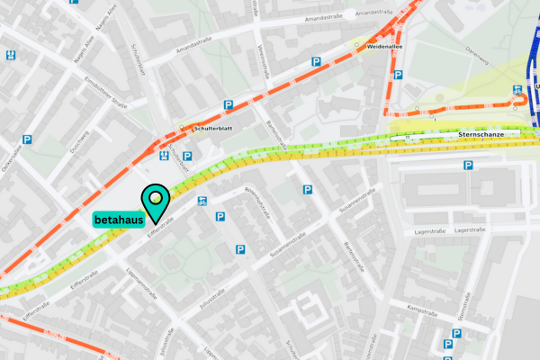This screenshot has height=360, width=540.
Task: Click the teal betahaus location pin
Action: (x=157, y=200)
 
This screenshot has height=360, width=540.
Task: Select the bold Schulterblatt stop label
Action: (x=212, y=129)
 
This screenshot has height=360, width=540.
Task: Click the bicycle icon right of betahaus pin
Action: (x=202, y=200)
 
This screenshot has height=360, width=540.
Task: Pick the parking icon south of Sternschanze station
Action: (x=467, y=166)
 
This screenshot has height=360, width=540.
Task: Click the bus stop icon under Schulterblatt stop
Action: (x=163, y=156)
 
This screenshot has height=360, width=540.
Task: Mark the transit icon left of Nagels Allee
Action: (x=11, y=55)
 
